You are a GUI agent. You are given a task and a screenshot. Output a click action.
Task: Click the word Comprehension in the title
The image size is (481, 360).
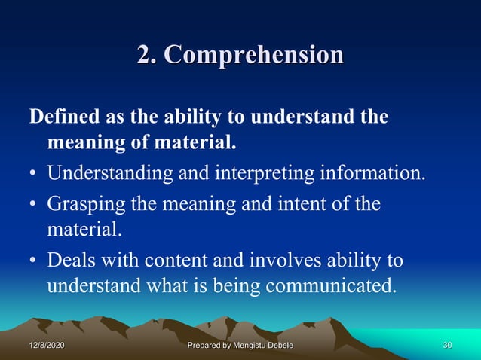pos(253,55)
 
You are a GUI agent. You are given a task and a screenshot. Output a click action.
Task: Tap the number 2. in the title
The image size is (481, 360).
pos(148,54)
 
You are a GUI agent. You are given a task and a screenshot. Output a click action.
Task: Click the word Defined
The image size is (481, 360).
pos(62,117)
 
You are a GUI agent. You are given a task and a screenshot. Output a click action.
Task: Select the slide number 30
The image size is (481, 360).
pos(446,345)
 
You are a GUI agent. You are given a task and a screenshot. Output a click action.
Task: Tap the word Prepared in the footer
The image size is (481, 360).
pos(207,345)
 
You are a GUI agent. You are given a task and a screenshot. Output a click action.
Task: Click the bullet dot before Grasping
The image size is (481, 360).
pos(34,205)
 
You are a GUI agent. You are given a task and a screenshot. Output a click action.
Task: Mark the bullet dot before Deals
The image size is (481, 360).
pos(34,261)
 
